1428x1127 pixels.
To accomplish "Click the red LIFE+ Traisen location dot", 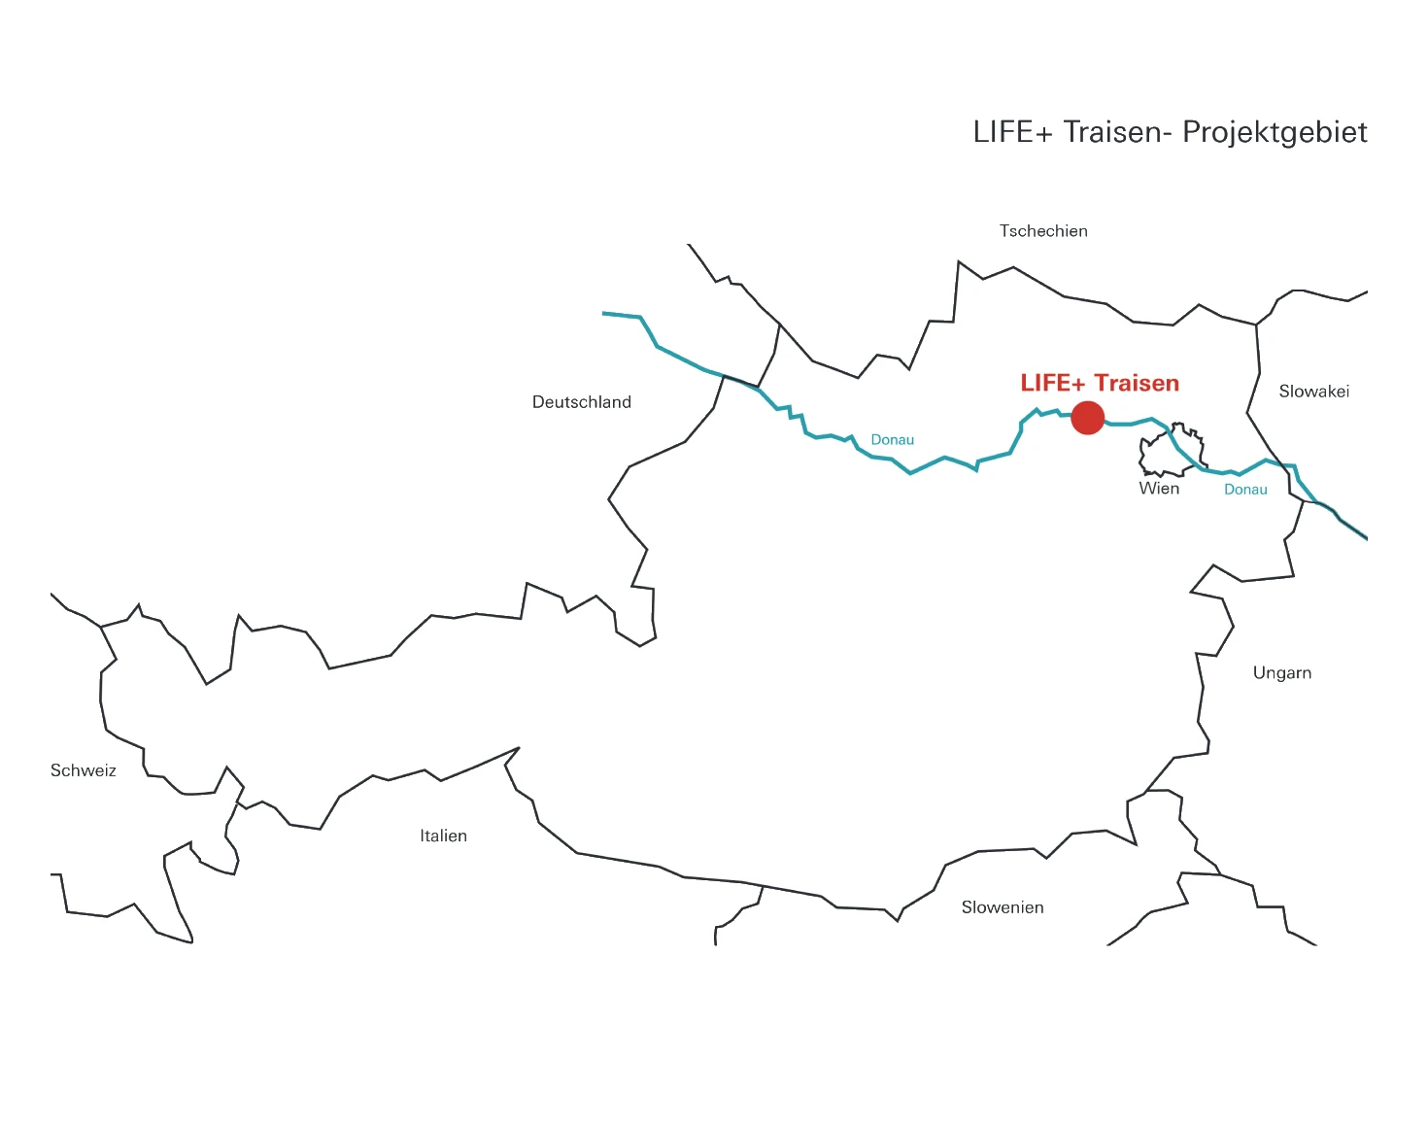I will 1088,418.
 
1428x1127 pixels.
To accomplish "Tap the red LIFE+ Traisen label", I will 1100,384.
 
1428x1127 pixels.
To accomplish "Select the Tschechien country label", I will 1043,231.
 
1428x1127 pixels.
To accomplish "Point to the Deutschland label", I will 581,402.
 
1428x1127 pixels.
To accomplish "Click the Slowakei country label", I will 1313,392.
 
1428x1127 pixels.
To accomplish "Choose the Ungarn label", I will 1281,673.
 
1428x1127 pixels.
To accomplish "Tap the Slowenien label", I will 1003,907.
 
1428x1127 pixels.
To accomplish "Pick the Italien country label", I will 443,836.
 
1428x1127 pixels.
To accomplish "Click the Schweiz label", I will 83,770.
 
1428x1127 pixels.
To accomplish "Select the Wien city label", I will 1159,489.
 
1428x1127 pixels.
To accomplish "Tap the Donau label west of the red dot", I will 892,440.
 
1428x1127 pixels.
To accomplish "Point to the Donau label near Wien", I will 1245,490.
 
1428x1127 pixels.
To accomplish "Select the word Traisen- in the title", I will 1117,132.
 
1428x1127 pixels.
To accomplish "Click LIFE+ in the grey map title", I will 1012,132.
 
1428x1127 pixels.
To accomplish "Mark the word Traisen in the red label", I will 1137,384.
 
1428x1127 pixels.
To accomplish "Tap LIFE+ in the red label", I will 1052,384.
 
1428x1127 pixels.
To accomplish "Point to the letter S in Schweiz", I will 55,770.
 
